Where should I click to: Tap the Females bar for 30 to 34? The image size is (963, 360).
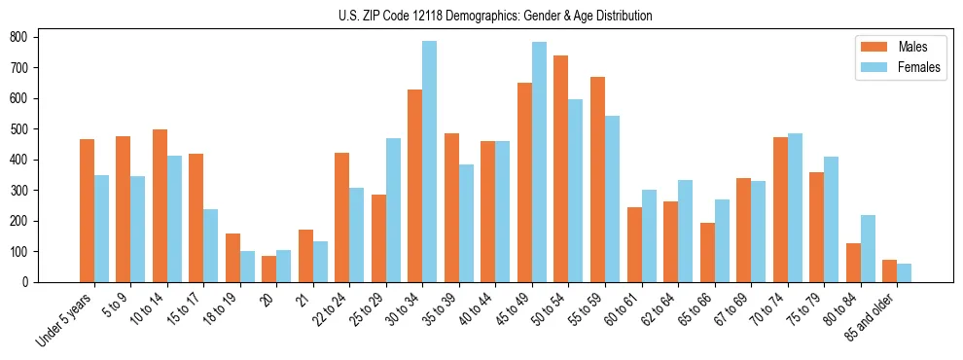click(429, 162)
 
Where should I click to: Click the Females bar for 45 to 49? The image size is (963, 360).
click(539, 162)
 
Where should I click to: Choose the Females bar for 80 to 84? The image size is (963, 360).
click(868, 248)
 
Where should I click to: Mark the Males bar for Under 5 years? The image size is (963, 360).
click(87, 210)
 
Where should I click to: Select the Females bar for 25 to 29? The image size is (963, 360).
click(393, 210)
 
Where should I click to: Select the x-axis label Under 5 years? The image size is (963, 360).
click(64, 319)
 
